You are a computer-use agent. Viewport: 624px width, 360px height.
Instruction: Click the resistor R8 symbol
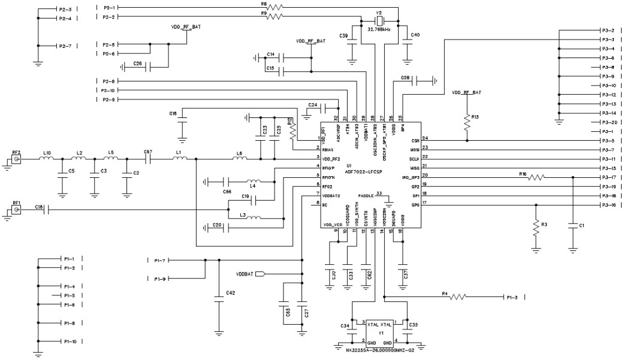[x=274, y=8]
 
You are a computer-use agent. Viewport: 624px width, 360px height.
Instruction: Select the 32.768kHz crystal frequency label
[x=379, y=29]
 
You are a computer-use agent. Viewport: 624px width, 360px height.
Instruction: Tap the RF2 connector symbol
[x=17, y=161]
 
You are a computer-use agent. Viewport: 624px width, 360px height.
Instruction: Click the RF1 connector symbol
[x=17, y=210]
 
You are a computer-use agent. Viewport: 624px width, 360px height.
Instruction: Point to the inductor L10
[x=47, y=159]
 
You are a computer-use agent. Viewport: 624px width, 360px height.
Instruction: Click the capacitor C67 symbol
[x=147, y=160]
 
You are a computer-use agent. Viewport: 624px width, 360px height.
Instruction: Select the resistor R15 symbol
[x=467, y=123]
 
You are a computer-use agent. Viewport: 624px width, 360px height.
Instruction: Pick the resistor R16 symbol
[x=536, y=177]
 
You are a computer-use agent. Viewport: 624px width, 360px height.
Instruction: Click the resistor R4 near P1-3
[x=459, y=297]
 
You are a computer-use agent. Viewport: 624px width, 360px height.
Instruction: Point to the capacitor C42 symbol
[x=219, y=302]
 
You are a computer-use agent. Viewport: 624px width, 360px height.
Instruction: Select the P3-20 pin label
[x=607, y=122]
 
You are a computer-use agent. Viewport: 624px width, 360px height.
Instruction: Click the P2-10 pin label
[x=109, y=90]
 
